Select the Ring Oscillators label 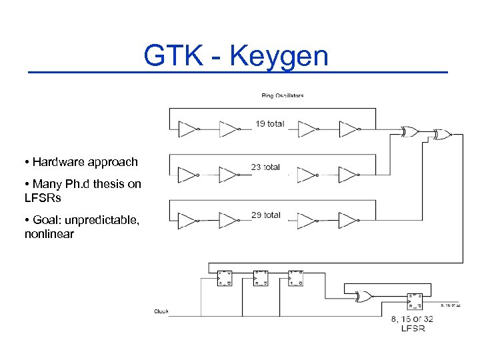(282, 95)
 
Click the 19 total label (269, 123)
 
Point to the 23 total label (265, 167)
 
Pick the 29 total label (265, 215)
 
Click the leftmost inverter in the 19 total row (189, 129)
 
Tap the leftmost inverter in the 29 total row (189, 221)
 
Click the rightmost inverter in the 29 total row (349, 221)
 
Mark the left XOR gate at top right (408, 132)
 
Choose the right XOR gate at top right (441, 135)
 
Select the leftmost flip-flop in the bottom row (224, 278)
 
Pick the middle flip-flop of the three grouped (261, 278)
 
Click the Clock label (161, 311)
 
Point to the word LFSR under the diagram (413, 329)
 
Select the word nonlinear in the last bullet (49, 234)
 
